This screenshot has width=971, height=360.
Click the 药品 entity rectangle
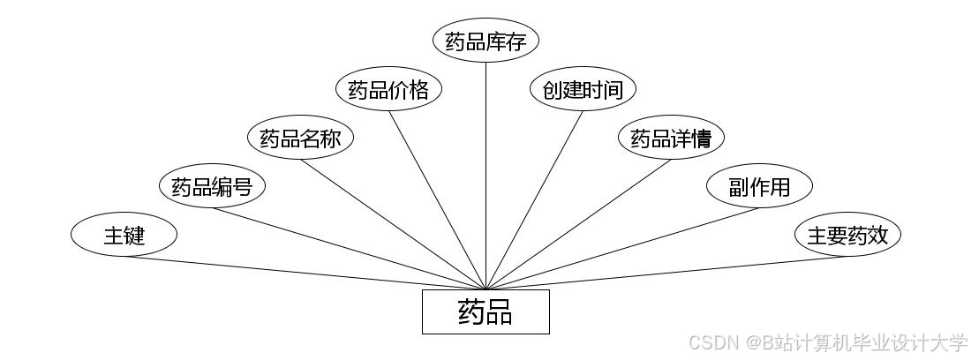coord(485,311)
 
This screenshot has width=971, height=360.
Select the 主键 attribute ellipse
coord(124,236)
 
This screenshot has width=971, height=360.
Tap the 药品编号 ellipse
coord(212,187)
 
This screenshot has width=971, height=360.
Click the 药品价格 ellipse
coord(388,90)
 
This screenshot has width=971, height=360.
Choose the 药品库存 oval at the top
coord(485,41)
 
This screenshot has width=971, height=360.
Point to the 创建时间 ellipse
coord(583,90)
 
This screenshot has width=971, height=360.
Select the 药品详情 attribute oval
coord(671,139)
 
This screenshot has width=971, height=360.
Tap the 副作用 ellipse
coord(759,187)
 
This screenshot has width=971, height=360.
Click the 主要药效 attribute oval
coord(847,236)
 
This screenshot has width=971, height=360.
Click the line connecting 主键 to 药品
coord(305,273)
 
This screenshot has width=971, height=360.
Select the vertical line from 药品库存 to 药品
coord(486,176)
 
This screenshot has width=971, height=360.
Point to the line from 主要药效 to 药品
coord(666,273)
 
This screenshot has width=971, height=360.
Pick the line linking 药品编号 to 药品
coord(349,249)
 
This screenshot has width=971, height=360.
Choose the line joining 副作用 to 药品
coord(622,249)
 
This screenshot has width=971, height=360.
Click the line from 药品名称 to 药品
coord(395,224)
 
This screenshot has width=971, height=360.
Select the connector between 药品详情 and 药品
coord(578,224)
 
